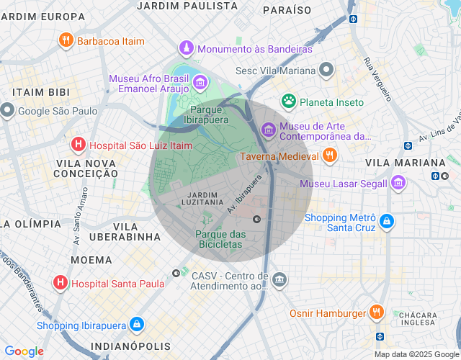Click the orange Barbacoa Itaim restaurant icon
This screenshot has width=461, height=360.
pyautogui.click(x=66, y=40)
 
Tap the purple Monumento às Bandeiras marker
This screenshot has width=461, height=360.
pyautogui.click(x=187, y=49)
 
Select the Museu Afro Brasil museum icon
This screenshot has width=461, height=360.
pyautogui.click(x=200, y=83)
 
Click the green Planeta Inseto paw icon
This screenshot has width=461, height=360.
pyautogui.click(x=289, y=102)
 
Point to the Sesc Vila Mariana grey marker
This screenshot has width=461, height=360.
pyautogui.click(x=327, y=71)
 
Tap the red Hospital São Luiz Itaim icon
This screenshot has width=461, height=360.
pyautogui.click(x=78, y=145)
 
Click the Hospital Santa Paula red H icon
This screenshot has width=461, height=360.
pyautogui.click(x=61, y=283)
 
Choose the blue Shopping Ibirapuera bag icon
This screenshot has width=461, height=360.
pyautogui.click(x=136, y=325)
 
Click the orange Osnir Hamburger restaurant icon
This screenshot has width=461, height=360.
pyautogui.click(x=375, y=312)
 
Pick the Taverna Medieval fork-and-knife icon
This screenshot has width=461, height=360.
pyautogui.click(x=329, y=156)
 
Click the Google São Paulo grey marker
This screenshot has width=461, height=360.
pyautogui.click(x=7, y=111)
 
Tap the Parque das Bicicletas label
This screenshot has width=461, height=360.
pyautogui.click(x=220, y=239)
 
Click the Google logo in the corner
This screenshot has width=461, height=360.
pyautogui.click(x=24, y=351)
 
